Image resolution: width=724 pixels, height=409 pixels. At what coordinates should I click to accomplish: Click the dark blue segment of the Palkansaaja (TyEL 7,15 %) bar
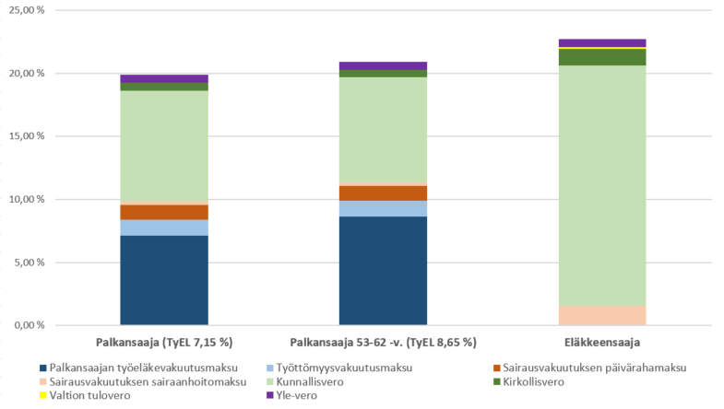[x=164, y=280]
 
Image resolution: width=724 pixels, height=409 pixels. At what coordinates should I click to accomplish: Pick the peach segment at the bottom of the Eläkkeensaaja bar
[x=602, y=315]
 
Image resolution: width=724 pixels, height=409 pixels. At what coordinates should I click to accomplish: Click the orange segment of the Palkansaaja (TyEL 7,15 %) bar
[x=164, y=212]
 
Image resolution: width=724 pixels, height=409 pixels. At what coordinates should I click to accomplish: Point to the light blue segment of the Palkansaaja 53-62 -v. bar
[x=383, y=208]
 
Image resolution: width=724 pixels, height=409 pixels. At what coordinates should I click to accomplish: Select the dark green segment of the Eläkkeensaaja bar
[x=602, y=57]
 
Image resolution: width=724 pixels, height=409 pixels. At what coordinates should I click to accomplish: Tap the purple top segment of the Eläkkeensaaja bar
[x=602, y=43]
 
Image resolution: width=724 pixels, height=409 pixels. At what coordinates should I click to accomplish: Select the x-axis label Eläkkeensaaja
[x=602, y=343]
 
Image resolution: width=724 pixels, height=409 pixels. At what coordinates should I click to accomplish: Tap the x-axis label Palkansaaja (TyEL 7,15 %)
[x=164, y=343]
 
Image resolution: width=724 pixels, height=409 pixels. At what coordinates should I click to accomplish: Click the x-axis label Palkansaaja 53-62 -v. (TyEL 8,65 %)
[x=383, y=343]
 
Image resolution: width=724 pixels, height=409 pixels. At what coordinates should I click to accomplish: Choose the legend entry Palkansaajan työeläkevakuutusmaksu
[x=138, y=368]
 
